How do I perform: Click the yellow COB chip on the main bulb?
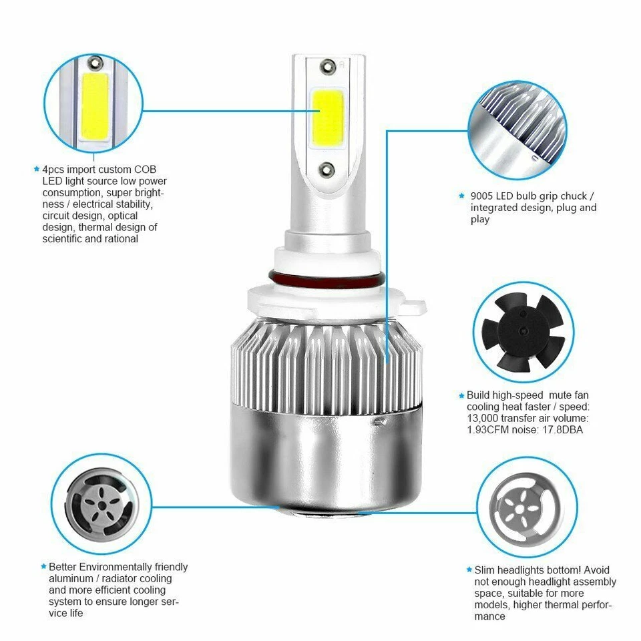click(327, 120)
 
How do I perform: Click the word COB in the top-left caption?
click(144, 170)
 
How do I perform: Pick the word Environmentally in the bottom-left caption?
click(115, 567)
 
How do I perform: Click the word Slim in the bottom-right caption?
click(486, 570)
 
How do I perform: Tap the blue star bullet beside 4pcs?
click(37, 170)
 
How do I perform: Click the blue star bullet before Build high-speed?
click(461, 395)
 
